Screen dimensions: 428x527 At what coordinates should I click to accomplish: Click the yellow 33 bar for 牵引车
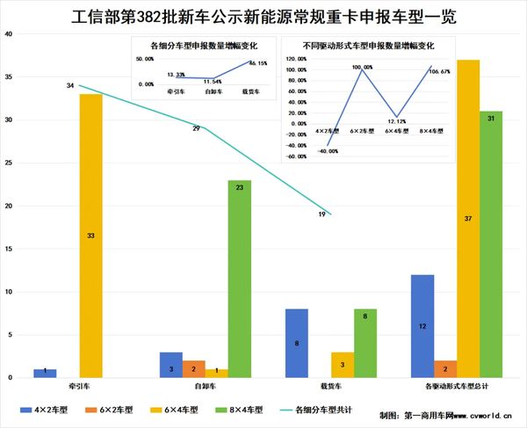pyautogui.click(x=90, y=236)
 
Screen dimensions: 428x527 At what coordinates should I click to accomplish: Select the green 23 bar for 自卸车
pyautogui.click(x=239, y=279)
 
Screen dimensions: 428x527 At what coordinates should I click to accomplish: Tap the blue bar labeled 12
pyautogui.click(x=422, y=326)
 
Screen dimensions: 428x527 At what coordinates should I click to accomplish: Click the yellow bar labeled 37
pyautogui.click(x=468, y=219)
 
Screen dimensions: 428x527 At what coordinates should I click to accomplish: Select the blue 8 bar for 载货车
pyautogui.click(x=296, y=344)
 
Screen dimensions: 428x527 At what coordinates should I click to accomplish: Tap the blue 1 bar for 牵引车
pyautogui.click(x=45, y=374)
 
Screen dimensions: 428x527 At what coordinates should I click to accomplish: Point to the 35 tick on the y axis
pyautogui.click(x=9, y=77)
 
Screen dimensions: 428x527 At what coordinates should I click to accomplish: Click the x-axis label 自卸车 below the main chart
pyautogui.click(x=205, y=386)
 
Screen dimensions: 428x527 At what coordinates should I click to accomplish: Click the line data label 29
pyautogui.click(x=197, y=129)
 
